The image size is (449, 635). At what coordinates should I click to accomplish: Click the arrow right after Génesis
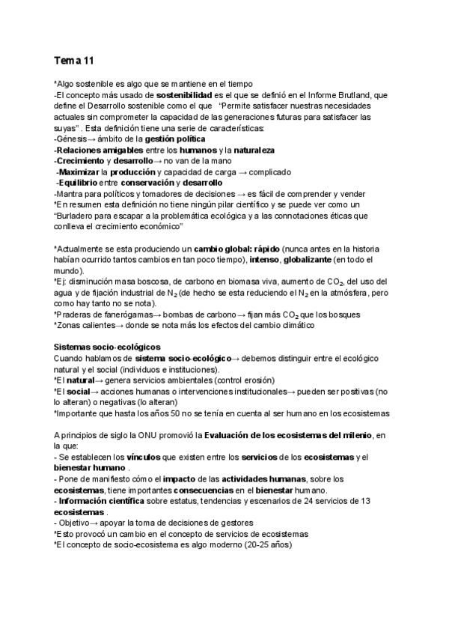[x=95, y=139]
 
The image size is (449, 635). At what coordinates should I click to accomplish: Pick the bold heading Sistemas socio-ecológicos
[x=107, y=347]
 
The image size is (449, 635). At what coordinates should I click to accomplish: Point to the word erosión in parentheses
[x=257, y=380]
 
